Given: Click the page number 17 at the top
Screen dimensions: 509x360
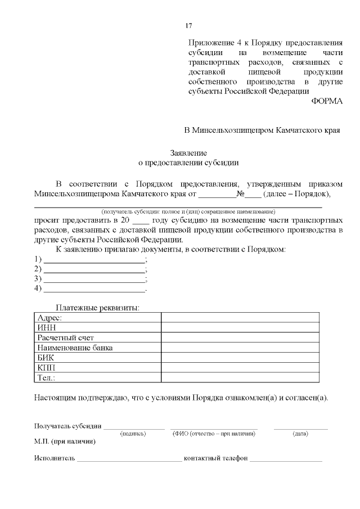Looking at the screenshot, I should click(189, 26).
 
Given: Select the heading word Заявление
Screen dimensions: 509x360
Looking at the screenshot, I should click(189, 153).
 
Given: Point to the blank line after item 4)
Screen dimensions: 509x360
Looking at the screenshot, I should click(94, 290).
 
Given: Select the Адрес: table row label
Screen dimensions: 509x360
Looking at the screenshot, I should click(49, 318).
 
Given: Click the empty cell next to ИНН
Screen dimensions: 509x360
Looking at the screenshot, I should click(240, 328).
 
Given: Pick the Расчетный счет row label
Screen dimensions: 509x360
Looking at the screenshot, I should click(65, 338).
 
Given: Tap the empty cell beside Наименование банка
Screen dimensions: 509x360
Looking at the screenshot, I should click(240, 348).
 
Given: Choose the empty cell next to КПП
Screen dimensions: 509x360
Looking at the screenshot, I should click(240, 367).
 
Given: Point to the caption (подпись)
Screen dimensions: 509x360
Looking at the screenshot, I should click(133, 434).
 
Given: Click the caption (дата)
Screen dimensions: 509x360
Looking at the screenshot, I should click(300, 434).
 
